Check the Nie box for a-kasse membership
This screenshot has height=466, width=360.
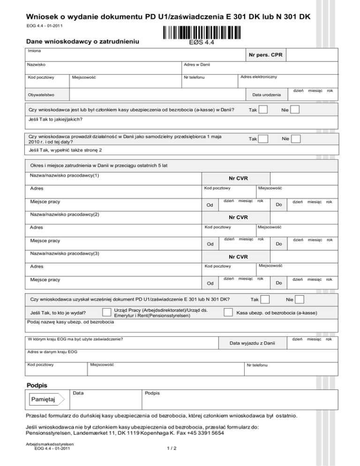(295, 110)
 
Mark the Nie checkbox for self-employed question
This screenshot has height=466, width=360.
(295, 139)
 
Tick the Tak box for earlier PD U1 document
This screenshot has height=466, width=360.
(265, 299)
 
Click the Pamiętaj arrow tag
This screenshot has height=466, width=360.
(42, 399)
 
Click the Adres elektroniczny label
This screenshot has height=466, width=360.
(258, 76)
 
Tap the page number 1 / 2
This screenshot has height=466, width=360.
(171, 461)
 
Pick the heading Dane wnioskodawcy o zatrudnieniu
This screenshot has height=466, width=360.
(83, 41)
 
